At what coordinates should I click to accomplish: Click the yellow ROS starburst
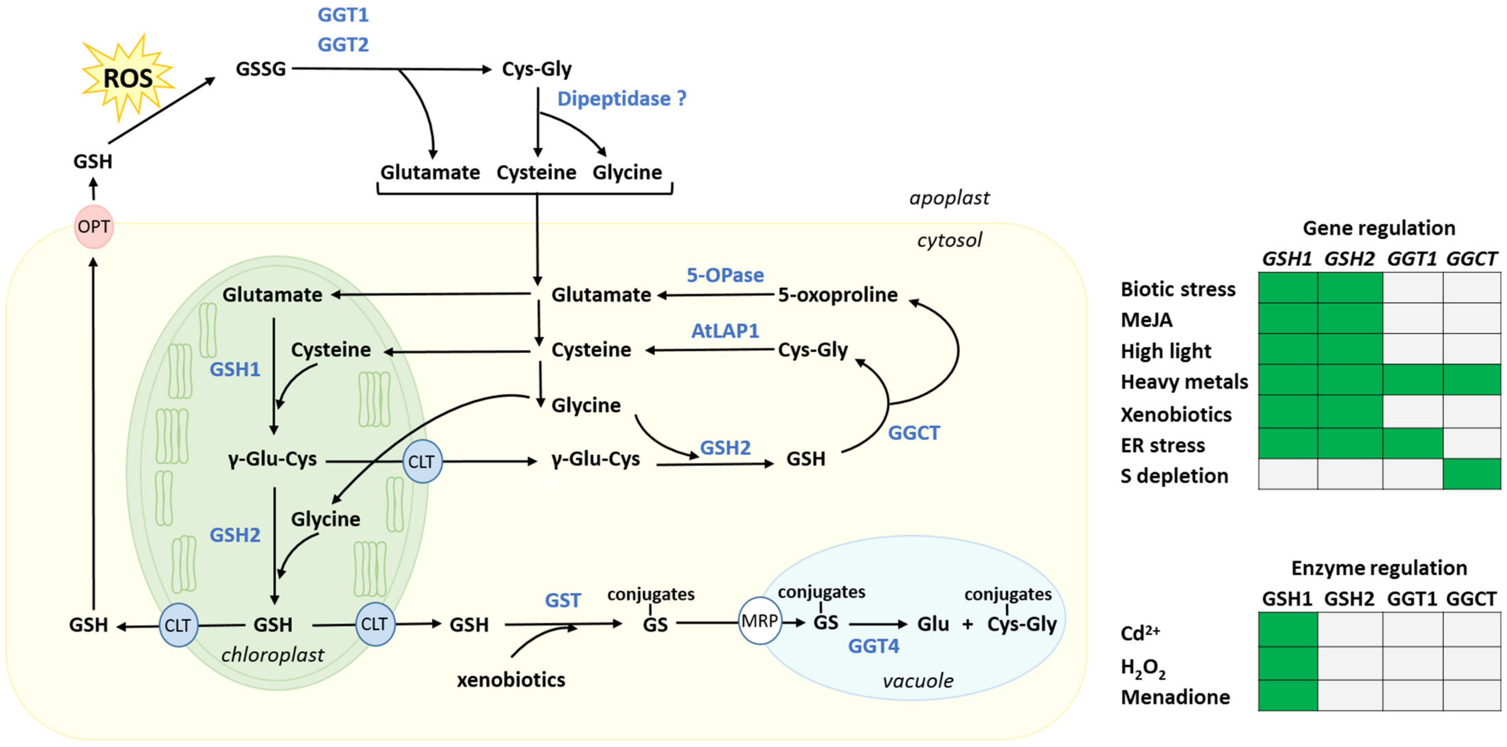pyautogui.click(x=128, y=78)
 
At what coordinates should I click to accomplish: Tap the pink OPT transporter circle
pyautogui.click(x=94, y=226)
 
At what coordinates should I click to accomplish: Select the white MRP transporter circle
pyautogui.click(x=759, y=621)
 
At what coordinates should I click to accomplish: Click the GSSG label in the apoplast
pyautogui.click(x=260, y=69)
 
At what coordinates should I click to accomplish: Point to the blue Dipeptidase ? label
pyautogui.click(x=621, y=98)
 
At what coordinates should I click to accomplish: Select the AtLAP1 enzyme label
pyautogui.click(x=725, y=331)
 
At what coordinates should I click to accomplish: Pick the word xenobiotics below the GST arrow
pyautogui.click(x=511, y=680)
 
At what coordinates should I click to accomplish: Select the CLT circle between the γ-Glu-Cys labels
pyautogui.click(x=422, y=462)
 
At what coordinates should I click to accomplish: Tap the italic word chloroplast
pyautogui.click(x=273, y=655)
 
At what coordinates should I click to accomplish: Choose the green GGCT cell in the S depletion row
pyautogui.click(x=1471, y=474)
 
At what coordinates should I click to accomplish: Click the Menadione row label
pyautogui.click(x=1175, y=697)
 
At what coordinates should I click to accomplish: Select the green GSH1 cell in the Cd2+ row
pyautogui.click(x=1288, y=629)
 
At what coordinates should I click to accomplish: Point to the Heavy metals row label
pyautogui.click(x=1184, y=381)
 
